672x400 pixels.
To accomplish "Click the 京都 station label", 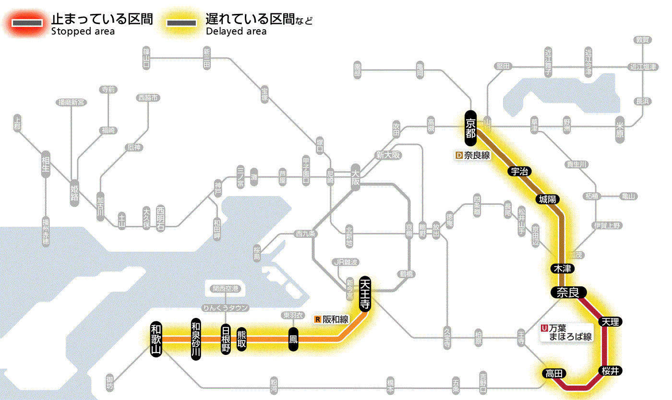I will click(x=470, y=128).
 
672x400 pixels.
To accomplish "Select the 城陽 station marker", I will click(x=548, y=199).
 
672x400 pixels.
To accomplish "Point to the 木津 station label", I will click(x=563, y=268).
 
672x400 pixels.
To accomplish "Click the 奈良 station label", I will click(x=568, y=292).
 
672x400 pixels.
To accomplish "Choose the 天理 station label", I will click(x=610, y=321).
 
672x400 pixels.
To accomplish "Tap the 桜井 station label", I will click(x=610, y=370).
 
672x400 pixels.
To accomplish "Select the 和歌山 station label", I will click(x=156, y=339).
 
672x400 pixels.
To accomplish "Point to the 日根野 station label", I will click(x=226, y=339).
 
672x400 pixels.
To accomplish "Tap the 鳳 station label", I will click(x=293, y=339).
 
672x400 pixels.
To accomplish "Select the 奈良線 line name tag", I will click(x=473, y=155).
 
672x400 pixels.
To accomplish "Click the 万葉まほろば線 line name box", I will click(x=566, y=332).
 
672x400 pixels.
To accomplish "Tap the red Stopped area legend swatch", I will click(x=30, y=23).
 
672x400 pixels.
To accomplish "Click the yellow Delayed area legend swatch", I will click(x=181, y=23).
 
